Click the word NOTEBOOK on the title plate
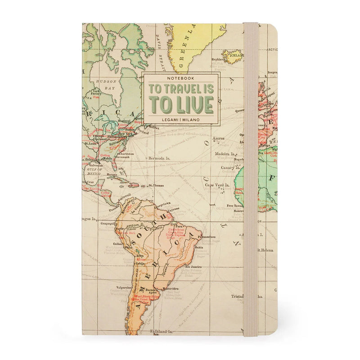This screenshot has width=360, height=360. [180, 78]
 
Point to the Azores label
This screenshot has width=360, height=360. [219, 139]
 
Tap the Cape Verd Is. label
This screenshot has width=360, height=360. [218, 185]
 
